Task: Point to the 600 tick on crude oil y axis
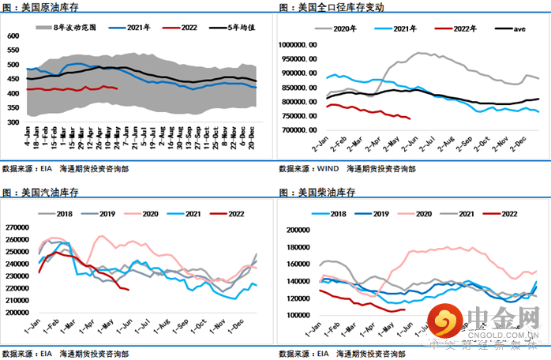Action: point(13,36)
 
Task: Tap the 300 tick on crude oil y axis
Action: point(13,123)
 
